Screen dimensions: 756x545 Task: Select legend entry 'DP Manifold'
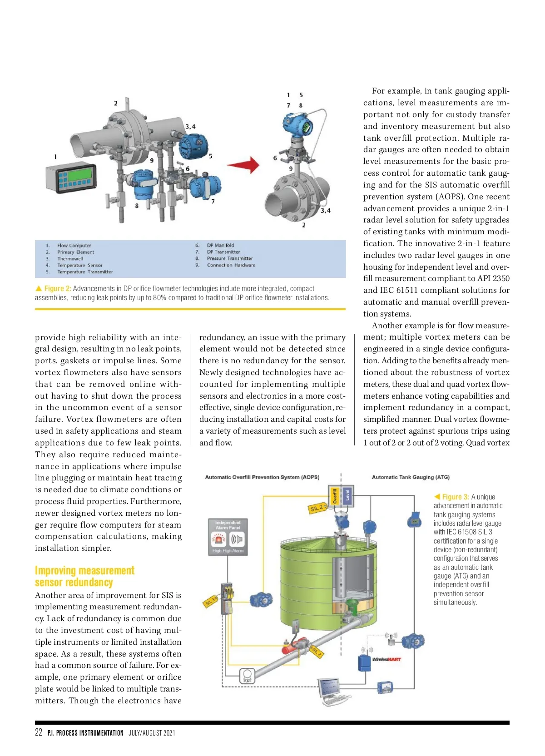tap(220, 245)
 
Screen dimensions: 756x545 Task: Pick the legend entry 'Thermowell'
tap(70, 258)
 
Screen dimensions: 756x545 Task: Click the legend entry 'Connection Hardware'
tap(231, 265)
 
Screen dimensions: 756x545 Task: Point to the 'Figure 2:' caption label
tap(57, 289)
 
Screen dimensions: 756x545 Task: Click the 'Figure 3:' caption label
tap(455, 497)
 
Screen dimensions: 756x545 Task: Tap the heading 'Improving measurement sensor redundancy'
tap(84, 576)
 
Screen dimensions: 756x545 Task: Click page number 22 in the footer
tap(39, 732)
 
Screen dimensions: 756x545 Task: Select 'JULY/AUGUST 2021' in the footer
tap(152, 733)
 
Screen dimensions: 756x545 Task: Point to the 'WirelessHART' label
tap(386, 659)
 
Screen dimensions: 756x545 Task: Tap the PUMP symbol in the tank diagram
tap(247, 676)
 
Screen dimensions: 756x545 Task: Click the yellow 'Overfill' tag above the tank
tap(335, 496)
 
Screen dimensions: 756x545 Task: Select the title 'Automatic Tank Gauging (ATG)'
tap(411, 477)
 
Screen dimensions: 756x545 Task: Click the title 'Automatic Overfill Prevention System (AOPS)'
tap(262, 477)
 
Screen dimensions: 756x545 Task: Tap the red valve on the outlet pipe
tap(291, 648)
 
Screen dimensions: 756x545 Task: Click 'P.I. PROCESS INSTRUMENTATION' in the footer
tap(85, 733)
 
